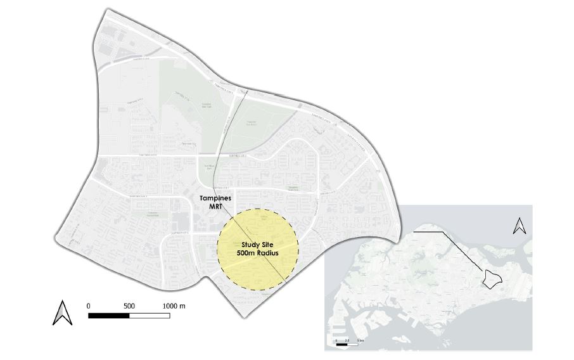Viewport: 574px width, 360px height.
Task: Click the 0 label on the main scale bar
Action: point(88,305)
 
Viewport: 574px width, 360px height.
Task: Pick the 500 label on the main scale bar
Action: point(129,305)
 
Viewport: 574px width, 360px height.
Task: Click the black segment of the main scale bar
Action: point(108,314)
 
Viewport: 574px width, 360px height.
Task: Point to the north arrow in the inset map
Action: point(519,226)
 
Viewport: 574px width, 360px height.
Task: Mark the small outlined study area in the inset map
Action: point(491,278)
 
